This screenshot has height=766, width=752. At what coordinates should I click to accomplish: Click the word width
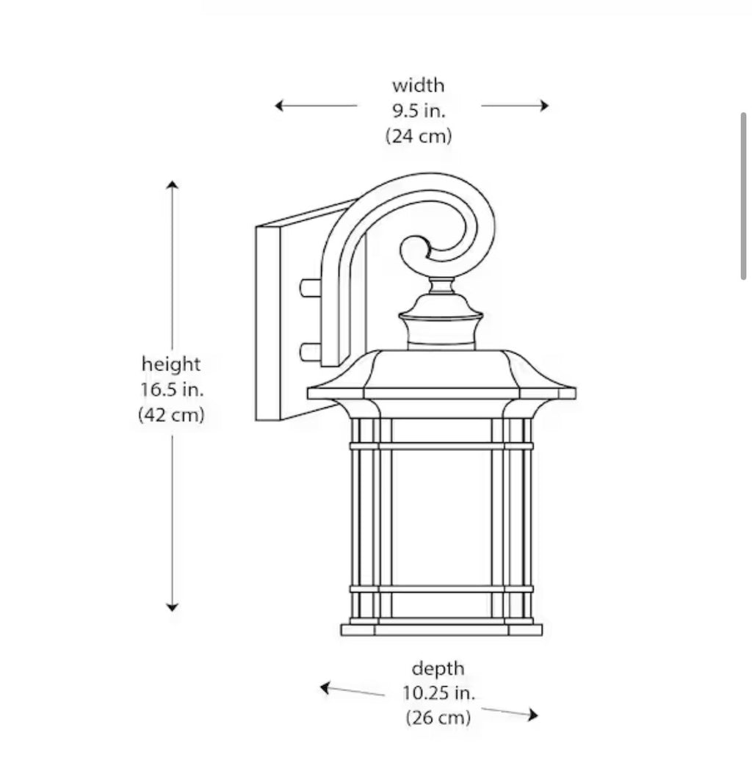[419, 86]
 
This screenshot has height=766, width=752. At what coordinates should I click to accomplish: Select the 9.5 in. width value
[419, 111]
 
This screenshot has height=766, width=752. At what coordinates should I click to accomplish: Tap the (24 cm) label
[419, 136]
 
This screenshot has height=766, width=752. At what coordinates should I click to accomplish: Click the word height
[171, 365]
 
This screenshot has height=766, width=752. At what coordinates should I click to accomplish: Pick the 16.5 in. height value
[172, 390]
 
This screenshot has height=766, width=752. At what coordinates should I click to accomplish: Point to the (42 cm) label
[171, 415]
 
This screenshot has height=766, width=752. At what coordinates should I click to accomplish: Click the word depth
[438, 669]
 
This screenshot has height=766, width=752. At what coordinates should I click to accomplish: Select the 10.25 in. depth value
[438, 693]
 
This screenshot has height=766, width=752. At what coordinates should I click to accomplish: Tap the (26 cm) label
[438, 718]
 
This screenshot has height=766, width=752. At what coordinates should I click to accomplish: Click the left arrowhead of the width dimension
[279, 105]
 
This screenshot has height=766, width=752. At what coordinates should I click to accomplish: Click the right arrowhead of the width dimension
[544, 105]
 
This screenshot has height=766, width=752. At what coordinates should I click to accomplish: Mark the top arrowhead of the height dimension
[172, 184]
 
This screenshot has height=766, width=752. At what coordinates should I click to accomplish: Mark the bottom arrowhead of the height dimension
[172, 607]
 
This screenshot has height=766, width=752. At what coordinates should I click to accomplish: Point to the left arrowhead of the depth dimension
[325, 688]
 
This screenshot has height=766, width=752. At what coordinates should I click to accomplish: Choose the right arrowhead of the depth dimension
[532, 715]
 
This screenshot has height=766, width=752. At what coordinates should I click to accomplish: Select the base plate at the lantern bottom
[441, 629]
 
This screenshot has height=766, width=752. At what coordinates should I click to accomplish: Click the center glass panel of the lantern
[441, 517]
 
